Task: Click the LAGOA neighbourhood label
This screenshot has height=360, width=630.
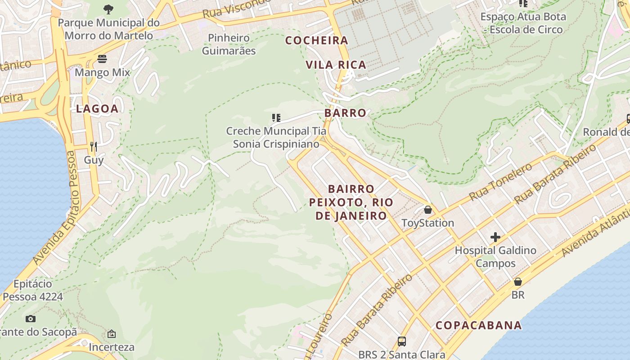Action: pos(97,108)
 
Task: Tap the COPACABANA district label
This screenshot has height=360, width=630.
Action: pos(478,325)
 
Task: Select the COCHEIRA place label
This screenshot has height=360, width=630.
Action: pos(317,40)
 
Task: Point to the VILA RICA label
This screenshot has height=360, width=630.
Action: pos(336,65)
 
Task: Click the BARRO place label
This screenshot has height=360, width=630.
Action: pos(345,113)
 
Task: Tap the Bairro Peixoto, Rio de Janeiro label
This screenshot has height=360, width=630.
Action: pos(351,202)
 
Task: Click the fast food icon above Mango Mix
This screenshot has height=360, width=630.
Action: pos(102,59)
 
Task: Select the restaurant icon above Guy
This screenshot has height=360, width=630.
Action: pos(94,146)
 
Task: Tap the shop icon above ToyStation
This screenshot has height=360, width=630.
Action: pos(427,210)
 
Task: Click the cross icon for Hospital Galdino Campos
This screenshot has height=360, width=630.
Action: pos(495,237)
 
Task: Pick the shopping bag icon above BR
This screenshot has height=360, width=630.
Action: pos(518,282)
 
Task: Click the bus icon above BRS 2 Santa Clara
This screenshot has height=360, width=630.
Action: pos(402,341)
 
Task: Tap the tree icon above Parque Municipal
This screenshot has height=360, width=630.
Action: pos(108,9)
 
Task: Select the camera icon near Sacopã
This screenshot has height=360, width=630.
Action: pos(31,319)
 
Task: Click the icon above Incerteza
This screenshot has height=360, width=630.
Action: pos(111,334)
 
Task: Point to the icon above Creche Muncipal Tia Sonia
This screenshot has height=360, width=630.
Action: pos(276,118)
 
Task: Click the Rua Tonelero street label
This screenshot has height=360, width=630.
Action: pos(500,182)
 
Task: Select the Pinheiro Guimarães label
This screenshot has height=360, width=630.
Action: pos(229,44)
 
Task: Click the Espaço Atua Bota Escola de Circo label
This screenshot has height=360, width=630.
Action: pos(523,23)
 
